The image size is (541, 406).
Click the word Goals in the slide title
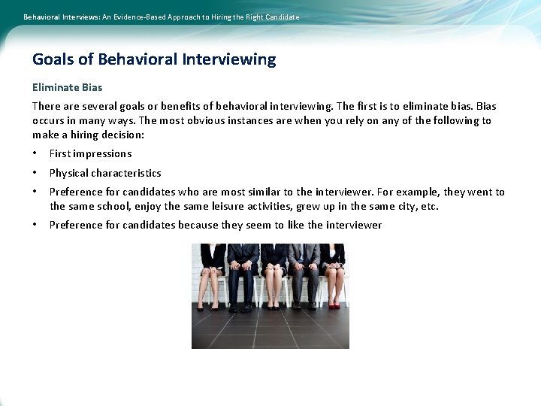[54, 59]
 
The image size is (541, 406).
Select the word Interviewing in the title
[228, 59]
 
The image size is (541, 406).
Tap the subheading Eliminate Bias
[68, 87]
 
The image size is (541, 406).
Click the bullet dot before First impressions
[35, 153]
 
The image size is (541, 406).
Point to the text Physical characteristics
[105, 173]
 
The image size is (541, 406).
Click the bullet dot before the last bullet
[35, 225]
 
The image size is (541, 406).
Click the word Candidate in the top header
[282, 17]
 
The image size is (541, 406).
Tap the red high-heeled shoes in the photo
[334, 304]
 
